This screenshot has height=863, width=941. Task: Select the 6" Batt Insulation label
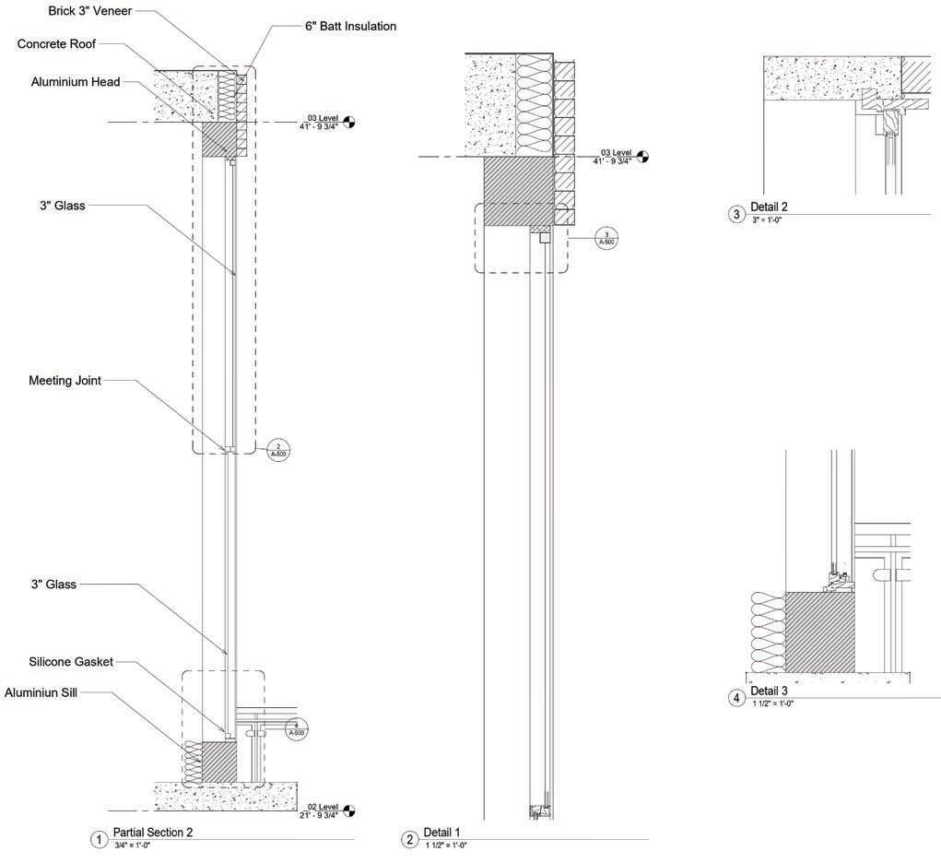pos(350,27)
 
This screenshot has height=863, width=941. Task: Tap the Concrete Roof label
pos(56,44)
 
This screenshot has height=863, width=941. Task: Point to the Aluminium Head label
pos(76,82)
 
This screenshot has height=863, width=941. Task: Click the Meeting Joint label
pos(65,380)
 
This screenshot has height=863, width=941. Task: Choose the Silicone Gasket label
pos(71,662)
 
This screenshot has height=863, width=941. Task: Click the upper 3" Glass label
pos(56,206)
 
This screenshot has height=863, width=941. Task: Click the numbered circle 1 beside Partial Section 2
pos(98,839)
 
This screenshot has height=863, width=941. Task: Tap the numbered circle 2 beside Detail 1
pos(410,839)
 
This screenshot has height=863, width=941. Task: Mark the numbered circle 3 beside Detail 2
pos(736,214)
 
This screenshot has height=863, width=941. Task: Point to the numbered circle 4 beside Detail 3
pos(736,698)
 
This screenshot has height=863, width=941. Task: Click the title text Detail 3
pos(770,691)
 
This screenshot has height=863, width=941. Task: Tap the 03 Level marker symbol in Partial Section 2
pos(349,122)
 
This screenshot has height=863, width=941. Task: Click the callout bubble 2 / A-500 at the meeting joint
pos(278,451)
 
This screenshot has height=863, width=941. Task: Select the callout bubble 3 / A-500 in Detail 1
pos(606,238)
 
